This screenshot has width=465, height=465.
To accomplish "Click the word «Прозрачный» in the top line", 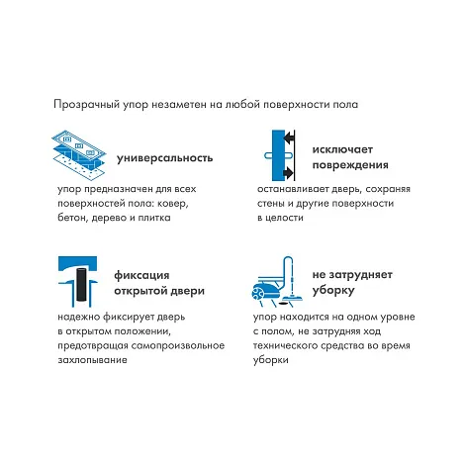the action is pyautogui.click(x=86, y=105).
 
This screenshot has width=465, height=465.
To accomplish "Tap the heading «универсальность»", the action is pyautogui.click(x=165, y=158).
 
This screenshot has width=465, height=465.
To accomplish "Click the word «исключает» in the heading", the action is pyautogui.click(x=342, y=149).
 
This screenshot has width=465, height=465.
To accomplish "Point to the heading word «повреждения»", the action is pyautogui.click(x=350, y=165).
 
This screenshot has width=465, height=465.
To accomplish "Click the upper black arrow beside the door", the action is pyautogui.click(x=289, y=137).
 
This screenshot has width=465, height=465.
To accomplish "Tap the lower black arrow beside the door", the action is pyautogui.click(x=289, y=172).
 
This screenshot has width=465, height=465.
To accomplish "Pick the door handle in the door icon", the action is pyautogui.click(x=279, y=154).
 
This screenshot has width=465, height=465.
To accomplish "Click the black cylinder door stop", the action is pyautogui.click(x=81, y=285).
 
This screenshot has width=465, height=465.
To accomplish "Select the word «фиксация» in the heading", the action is pyautogui.click(x=141, y=275).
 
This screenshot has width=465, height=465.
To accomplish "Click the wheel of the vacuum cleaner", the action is pyautogui.click(x=257, y=293).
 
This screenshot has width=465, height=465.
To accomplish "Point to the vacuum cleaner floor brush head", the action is pyautogui.click(x=293, y=299).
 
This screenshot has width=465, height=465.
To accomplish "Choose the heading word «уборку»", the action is pyautogui.click(x=333, y=291).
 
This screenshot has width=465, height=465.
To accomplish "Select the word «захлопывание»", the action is pyautogui.click(x=92, y=360).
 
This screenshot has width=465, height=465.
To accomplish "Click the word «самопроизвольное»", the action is pyautogui.click(x=178, y=345).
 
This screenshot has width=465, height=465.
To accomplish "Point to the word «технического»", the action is pyautogui.click(x=283, y=345).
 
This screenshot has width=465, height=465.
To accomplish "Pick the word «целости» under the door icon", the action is pyautogui.click(x=284, y=218).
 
